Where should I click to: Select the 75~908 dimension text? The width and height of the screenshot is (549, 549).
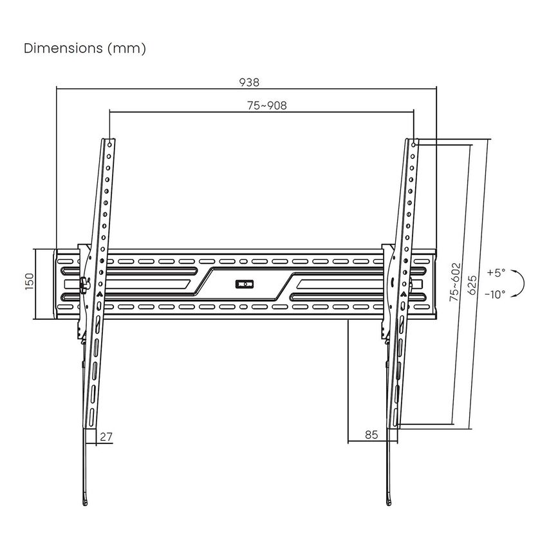point(266,106)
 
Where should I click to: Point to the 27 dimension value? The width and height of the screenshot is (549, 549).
point(106,436)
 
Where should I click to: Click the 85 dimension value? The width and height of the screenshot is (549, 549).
point(371,434)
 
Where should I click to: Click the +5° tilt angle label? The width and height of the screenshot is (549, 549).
point(496,272)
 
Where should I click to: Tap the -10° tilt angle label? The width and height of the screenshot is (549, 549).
point(495,293)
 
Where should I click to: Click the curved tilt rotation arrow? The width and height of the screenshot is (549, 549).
point(522,283)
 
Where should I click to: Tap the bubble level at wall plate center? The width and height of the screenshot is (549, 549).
point(245,283)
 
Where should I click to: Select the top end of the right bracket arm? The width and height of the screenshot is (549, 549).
point(413,140)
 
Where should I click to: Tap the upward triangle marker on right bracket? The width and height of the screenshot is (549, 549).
point(404,293)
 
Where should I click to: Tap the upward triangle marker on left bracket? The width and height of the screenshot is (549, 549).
point(99,293)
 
